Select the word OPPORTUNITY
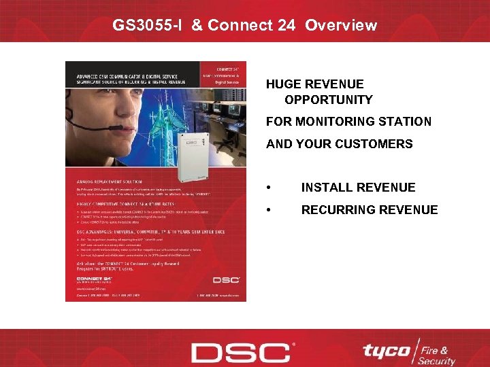[329, 100]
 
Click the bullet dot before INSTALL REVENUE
[272, 188]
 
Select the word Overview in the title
[341, 26]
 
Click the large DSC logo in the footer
[240, 353]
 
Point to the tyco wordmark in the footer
[386, 351]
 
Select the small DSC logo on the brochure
[225, 279]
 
